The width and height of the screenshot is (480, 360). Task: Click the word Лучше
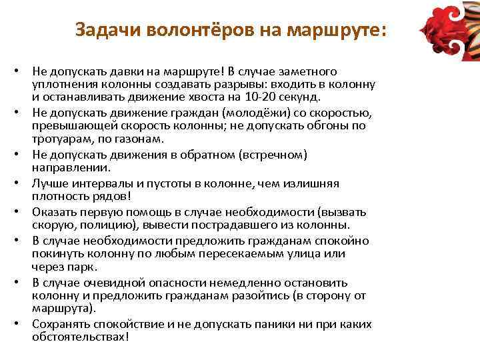click(48, 183)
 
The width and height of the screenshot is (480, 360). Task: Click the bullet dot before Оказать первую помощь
click(24, 213)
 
